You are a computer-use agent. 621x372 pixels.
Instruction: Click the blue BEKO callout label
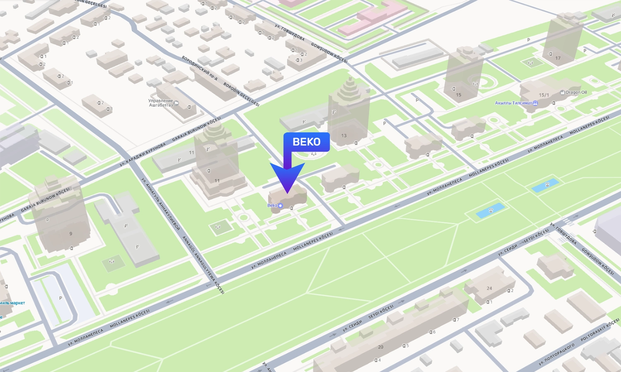(x=306, y=142)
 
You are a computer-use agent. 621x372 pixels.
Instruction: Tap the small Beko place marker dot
(x=280, y=205)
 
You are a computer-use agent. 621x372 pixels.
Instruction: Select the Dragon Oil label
(x=576, y=93)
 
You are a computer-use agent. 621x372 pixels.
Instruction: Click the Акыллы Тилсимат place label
(x=513, y=103)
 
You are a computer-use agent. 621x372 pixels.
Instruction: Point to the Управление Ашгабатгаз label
(x=161, y=103)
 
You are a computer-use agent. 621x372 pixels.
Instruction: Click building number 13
(x=344, y=136)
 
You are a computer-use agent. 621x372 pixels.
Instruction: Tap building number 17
(x=558, y=58)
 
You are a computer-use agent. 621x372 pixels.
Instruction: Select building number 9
(x=71, y=234)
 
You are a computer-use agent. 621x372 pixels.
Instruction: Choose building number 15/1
(x=544, y=95)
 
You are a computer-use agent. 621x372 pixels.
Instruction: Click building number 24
(x=489, y=289)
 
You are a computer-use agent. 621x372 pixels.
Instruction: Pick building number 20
(x=380, y=347)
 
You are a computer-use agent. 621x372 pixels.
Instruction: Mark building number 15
(x=458, y=95)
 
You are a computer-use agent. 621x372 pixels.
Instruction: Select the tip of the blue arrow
(x=288, y=193)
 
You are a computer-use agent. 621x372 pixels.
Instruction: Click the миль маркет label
(x=12, y=303)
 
